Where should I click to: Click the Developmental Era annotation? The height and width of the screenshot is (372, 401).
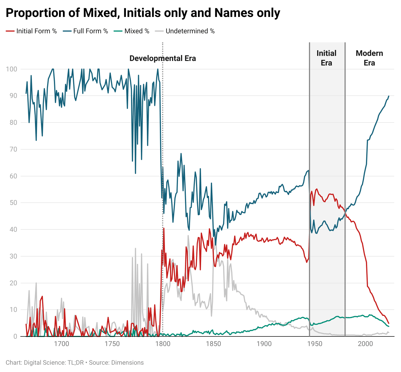coord(163,58)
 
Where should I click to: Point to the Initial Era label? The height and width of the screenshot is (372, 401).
coord(326,58)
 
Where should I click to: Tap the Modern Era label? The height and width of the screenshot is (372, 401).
coord(369,58)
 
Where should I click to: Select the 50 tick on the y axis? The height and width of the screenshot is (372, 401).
coord(13,203)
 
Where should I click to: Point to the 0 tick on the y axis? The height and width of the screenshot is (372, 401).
coord(15,336)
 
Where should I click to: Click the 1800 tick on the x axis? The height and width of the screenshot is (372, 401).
coord(163,344)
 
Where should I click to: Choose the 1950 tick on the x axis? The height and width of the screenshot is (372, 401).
coord(315,344)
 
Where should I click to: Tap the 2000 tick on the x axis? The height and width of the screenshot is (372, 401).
coord(365,344)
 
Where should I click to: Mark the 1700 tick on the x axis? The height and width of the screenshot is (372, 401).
coord(62,344)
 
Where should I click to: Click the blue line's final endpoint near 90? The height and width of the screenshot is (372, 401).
coord(389,96)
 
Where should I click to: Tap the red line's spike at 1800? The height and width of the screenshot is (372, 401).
coord(164,228)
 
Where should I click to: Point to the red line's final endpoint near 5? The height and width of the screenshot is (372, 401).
coord(389,323)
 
